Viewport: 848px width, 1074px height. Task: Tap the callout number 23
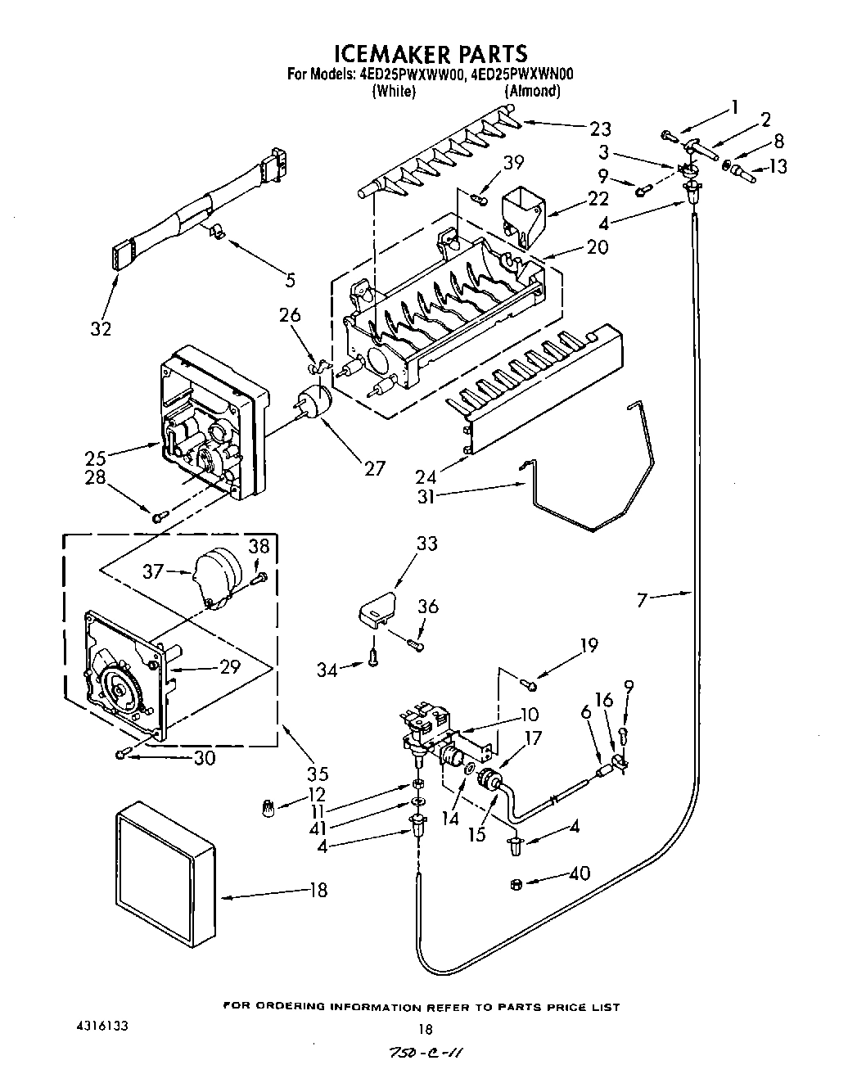pyautogui.click(x=600, y=128)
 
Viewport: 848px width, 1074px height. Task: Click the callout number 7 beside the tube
pyautogui.click(x=642, y=601)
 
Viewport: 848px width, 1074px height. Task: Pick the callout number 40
pyautogui.click(x=580, y=874)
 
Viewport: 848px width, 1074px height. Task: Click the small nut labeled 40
pyautogui.click(x=516, y=882)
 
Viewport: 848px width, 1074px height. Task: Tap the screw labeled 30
pyautogui.click(x=123, y=753)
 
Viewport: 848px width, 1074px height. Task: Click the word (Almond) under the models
pyautogui.click(x=532, y=91)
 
